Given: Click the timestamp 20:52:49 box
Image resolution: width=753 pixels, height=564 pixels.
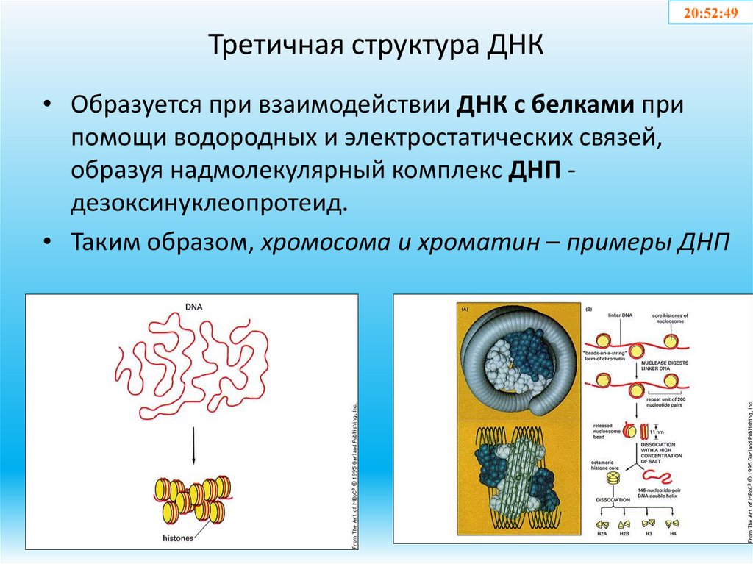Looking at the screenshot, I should point(710,13).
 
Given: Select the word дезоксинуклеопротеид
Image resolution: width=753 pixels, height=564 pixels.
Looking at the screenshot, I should point(208,202).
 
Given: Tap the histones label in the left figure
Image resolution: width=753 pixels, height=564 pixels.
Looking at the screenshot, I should point(179,538).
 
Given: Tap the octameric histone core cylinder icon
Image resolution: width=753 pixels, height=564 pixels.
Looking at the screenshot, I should point(613,479).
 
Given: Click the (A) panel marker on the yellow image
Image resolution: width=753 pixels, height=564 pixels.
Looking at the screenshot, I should point(465,310).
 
